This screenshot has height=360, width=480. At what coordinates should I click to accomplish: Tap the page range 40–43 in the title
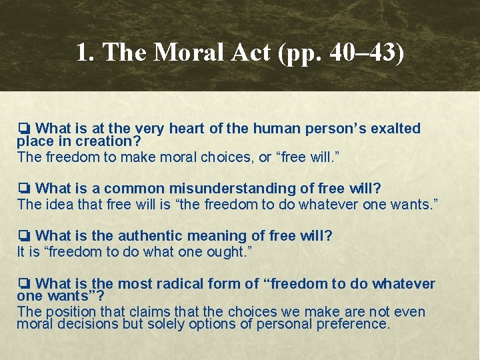361,53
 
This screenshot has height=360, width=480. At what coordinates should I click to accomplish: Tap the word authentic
139,235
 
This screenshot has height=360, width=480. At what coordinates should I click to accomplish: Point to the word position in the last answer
67,312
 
